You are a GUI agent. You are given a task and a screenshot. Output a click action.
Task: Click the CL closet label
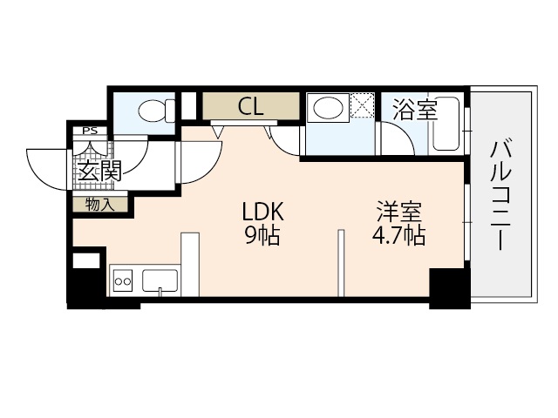[x=251, y=108]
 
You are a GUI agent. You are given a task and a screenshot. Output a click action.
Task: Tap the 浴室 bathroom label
[x=414, y=110]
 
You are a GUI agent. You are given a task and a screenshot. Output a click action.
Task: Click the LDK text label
[x=262, y=212]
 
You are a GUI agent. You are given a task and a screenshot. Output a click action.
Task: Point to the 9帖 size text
[x=262, y=235]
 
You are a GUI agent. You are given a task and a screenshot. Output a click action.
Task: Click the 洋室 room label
[x=400, y=212]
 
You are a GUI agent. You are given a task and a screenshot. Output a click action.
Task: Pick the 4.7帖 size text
[x=399, y=235]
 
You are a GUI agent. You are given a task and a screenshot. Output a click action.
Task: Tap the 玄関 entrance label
[x=98, y=171]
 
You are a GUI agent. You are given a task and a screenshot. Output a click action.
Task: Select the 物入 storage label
[x=99, y=205]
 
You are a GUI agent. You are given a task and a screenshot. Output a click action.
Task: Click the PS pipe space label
[x=89, y=132]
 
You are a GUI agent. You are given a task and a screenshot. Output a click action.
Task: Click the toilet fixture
[x=154, y=111]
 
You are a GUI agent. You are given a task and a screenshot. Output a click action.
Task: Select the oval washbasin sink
[x=328, y=109]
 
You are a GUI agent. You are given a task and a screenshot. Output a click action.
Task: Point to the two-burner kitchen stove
[x=123, y=280]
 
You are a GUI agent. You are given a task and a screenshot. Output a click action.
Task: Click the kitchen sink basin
[x=160, y=280]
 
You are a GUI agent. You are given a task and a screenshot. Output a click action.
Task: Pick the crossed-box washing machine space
[x=362, y=107]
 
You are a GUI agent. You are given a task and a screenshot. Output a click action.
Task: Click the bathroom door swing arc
[x=394, y=139]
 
